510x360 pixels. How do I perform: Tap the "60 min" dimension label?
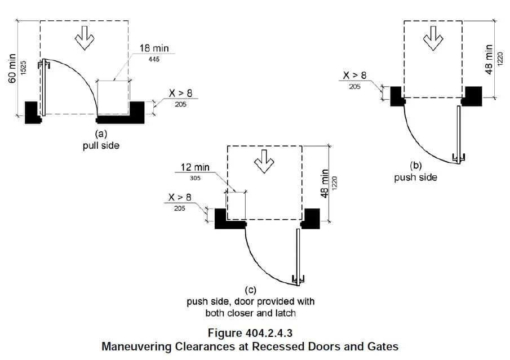tap(12, 68)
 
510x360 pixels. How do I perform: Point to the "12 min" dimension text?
tap(195, 167)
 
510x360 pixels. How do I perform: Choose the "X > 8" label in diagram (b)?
tap(355, 75)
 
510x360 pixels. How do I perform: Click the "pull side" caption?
tap(100, 145)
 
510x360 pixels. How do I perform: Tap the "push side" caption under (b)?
tap(415, 177)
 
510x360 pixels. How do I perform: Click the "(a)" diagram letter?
tap(100, 134)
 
